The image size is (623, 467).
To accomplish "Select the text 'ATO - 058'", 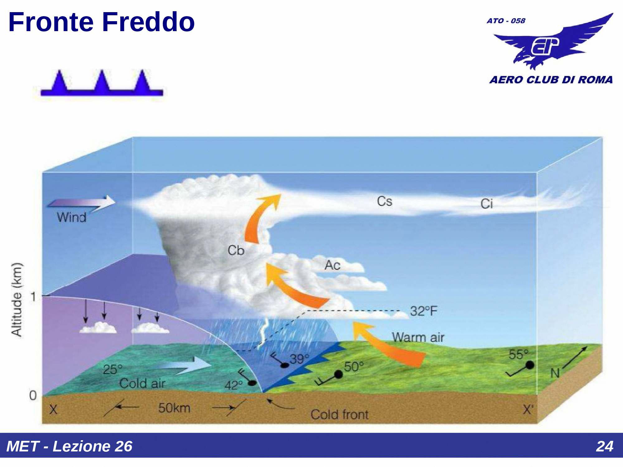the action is click(506, 21).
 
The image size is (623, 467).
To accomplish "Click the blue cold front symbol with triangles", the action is click(102, 83).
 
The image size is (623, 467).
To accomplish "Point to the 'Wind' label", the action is click(71, 217).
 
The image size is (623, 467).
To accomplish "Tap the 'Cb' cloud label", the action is click(236, 250).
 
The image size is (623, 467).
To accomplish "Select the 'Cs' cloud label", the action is click(385, 201).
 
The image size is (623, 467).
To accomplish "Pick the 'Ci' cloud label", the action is click(487, 204).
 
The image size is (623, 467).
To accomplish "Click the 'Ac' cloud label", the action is click(332, 265).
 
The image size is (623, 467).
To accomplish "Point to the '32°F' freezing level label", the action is click(424, 311).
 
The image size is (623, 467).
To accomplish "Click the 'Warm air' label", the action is click(418, 337).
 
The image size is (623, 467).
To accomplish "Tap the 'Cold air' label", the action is click(142, 383).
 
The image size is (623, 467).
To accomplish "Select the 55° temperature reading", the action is click(518, 354).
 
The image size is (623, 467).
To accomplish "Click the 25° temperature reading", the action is click(112, 370).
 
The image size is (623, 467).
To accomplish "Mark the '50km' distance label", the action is click(174, 408).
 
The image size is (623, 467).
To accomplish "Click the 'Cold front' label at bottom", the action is click(340, 414).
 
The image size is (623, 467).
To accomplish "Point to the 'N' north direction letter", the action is click(555, 373).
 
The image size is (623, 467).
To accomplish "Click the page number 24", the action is click(605, 446).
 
